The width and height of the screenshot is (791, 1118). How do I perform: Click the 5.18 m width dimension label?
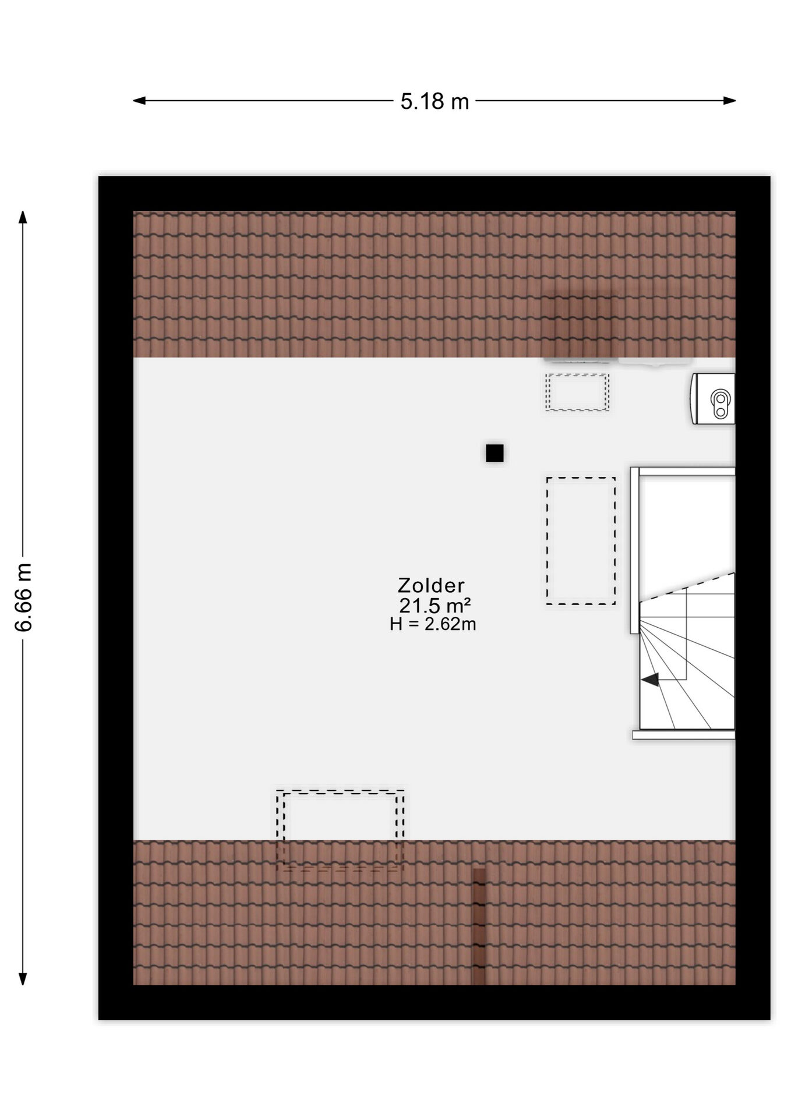point(435,101)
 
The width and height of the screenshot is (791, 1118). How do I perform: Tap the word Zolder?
point(431,585)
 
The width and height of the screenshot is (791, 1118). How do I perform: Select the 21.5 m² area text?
point(435,605)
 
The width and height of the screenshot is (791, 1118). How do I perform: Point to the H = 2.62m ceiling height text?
point(433,624)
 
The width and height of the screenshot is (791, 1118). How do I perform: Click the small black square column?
point(495,453)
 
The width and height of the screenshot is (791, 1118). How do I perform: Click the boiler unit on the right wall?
point(713,399)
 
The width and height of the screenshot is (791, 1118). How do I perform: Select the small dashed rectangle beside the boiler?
point(577,392)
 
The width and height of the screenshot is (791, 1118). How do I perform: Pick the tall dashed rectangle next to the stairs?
point(581,540)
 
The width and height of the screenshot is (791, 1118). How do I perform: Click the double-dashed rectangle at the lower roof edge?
point(340,830)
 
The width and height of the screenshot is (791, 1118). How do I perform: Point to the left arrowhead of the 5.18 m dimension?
point(139,101)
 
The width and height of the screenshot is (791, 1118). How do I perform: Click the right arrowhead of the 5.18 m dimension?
point(730,101)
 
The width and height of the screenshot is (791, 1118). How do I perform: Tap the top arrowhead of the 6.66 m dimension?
point(23,217)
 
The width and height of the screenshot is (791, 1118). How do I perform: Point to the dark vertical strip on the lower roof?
point(479,926)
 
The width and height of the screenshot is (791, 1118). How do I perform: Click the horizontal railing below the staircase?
point(684,735)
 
